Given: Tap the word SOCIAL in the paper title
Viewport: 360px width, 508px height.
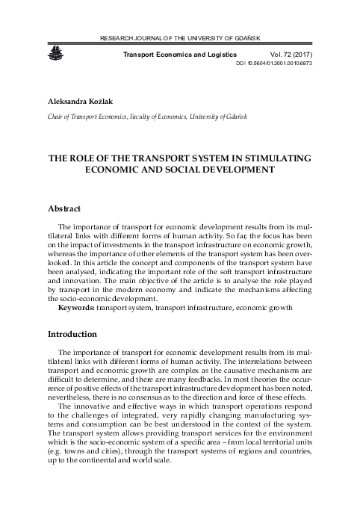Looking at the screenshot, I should (x=190, y=170).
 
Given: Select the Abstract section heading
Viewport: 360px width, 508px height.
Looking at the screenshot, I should (x=63, y=208).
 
